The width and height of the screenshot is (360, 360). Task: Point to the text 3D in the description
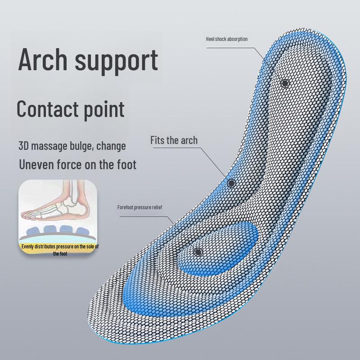point(24,146)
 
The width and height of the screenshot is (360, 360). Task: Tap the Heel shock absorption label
point(226,39)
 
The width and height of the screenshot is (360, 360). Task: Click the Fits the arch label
point(174,140)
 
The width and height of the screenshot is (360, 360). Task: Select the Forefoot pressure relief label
point(139,207)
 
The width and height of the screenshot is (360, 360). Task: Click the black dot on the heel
point(285,83)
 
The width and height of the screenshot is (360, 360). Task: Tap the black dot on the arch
point(231,183)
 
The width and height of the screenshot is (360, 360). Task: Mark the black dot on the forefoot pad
point(198,252)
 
